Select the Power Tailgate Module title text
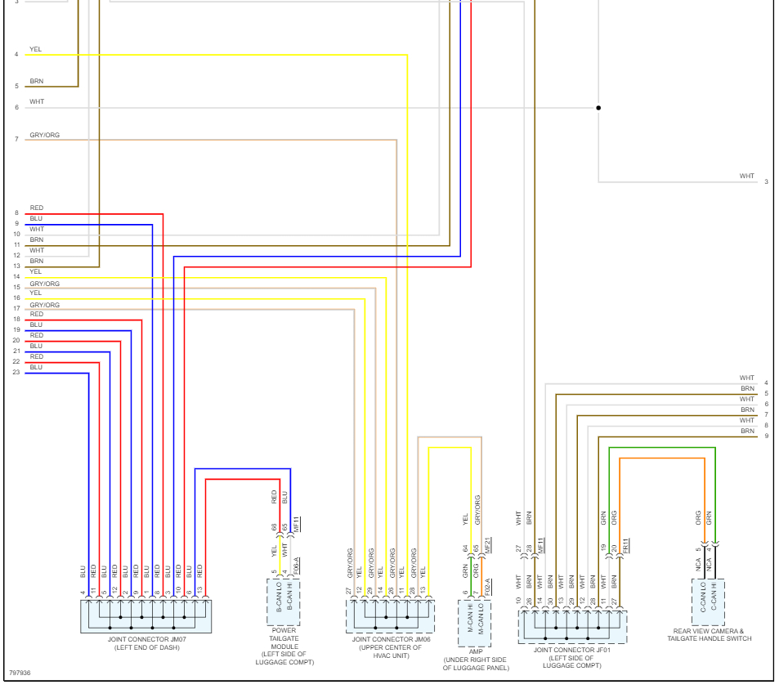pos(284,630)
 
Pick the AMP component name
pos(475,652)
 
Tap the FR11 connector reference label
pos(625,546)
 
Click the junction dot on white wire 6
pos(598,107)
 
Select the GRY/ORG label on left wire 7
pos(44,135)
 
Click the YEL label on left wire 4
pos(35,49)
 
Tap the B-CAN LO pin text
pos(278,597)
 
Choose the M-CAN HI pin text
pos(469,616)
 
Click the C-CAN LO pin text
pos(703,597)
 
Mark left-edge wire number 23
pos(16,373)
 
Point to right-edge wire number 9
pos(766,436)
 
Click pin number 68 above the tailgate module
pos(275,527)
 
